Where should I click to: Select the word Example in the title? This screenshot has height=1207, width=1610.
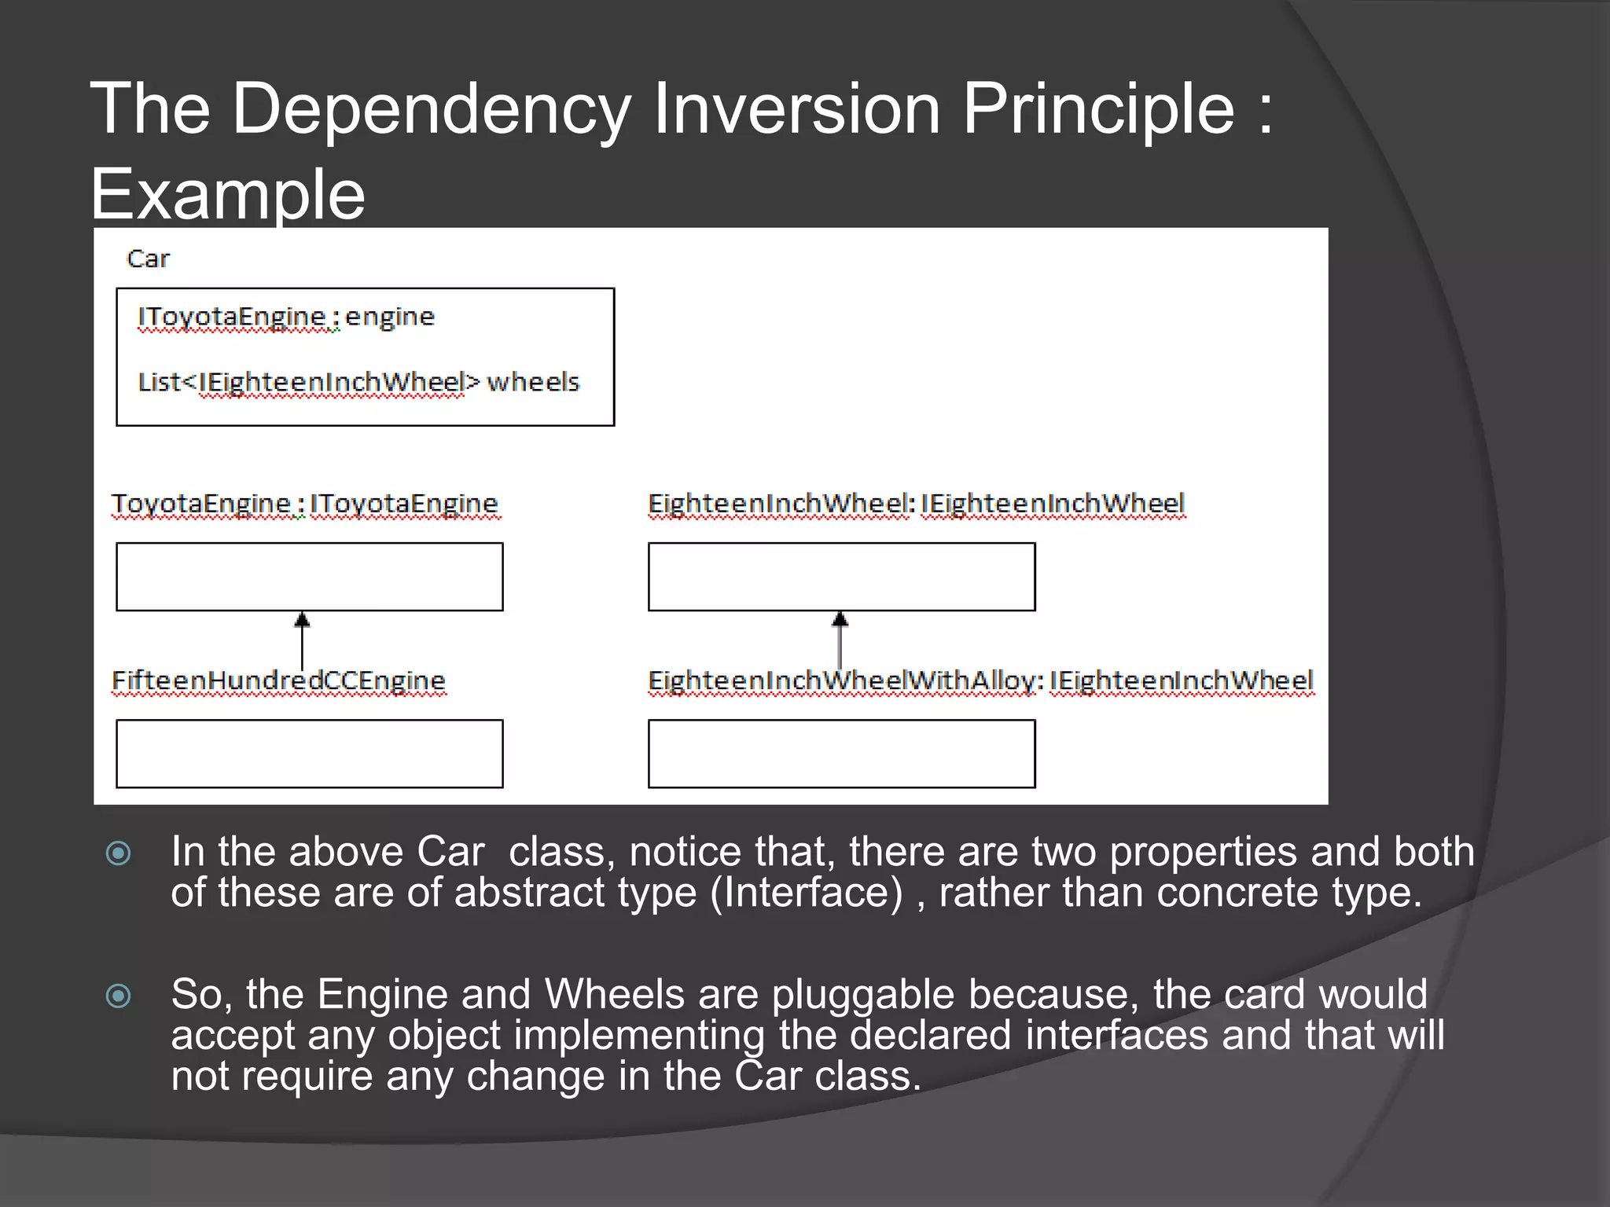pos(228,194)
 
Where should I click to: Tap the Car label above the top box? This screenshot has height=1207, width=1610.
pos(148,259)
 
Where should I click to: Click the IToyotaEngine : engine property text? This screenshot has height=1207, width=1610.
pos(286,317)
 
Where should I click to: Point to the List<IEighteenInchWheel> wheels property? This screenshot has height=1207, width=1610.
pos(358,382)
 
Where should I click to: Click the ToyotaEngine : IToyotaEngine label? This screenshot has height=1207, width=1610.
pos(304,504)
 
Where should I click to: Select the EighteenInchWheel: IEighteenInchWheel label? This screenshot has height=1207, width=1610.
pos(916,504)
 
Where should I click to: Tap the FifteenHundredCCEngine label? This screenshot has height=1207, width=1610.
pos(278,681)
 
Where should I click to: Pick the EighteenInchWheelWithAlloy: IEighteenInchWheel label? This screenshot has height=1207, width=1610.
pos(980,681)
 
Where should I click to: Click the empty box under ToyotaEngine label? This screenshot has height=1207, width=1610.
pos(310,577)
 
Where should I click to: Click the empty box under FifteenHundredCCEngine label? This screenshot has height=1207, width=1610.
pos(310,754)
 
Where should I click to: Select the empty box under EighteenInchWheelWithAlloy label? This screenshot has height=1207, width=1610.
pos(841,754)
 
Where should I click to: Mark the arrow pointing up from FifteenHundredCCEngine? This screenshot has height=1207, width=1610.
pos(302,640)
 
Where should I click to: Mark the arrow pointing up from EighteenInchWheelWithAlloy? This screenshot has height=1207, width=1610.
pos(840,640)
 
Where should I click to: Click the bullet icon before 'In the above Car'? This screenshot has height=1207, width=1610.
pos(119,853)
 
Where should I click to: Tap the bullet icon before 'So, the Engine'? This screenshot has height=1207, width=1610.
pos(119,996)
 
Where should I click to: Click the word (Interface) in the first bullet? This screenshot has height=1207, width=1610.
pos(806,893)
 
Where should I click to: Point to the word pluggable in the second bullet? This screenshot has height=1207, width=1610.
pos(862,995)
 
